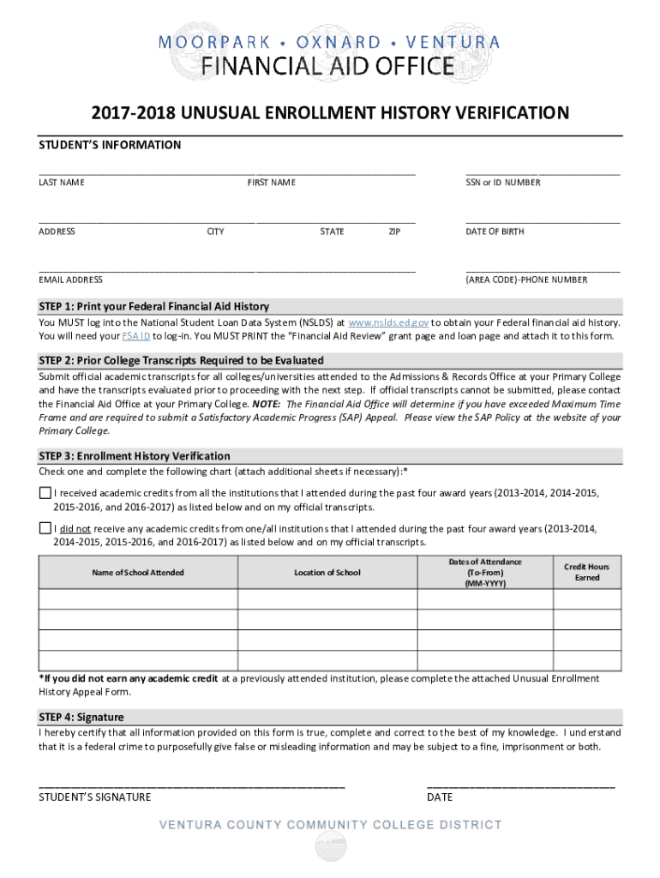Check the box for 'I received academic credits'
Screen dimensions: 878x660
(x=45, y=493)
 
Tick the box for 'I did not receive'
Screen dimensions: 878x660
(x=45, y=528)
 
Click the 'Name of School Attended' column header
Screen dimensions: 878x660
(x=137, y=572)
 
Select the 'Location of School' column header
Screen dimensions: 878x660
(x=327, y=572)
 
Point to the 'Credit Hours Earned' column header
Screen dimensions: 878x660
(x=587, y=572)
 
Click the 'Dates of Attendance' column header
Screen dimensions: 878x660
(x=485, y=572)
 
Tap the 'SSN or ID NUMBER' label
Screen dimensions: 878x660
(x=503, y=183)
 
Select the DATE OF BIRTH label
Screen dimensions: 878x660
(x=495, y=232)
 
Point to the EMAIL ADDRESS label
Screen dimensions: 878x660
(x=70, y=280)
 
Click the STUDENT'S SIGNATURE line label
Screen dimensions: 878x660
(x=95, y=797)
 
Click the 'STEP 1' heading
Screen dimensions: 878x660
(x=154, y=306)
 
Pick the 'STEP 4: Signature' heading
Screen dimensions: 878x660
(x=81, y=717)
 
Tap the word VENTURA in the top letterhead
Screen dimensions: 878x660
(x=455, y=42)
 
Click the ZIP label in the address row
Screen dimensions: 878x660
(x=394, y=232)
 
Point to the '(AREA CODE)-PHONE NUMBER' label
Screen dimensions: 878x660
(x=526, y=280)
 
